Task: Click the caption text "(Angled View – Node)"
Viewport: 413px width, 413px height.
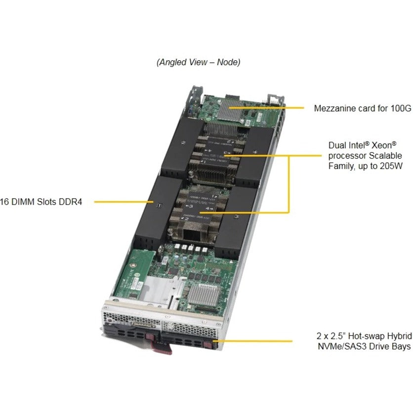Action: [199, 63]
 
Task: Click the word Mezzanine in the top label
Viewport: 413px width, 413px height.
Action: [333, 108]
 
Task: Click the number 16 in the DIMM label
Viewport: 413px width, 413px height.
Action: [4, 202]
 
